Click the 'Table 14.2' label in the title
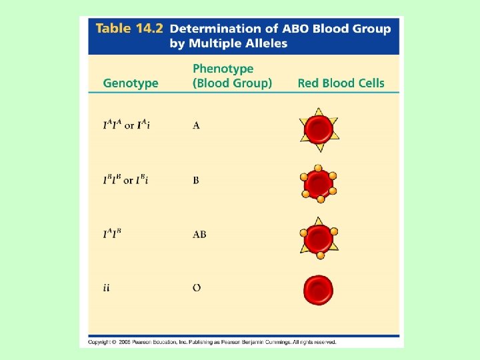point(129,29)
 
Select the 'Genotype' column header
point(131,83)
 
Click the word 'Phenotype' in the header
point(223,69)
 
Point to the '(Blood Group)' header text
point(232,83)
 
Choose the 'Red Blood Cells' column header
point(341,83)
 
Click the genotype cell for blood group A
point(126,126)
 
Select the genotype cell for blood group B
point(126,181)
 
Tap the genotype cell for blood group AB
point(113,235)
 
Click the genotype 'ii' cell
point(106,289)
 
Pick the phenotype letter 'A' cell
point(196,126)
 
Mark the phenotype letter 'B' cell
point(196,181)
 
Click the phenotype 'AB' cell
point(199,235)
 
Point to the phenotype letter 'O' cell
point(197,289)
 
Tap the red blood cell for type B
point(319,183)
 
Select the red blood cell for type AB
point(319,238)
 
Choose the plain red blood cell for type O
point(319,290)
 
